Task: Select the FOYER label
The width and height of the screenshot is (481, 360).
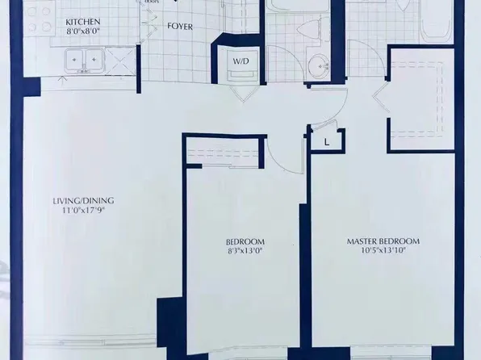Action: [x=179, y=25]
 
